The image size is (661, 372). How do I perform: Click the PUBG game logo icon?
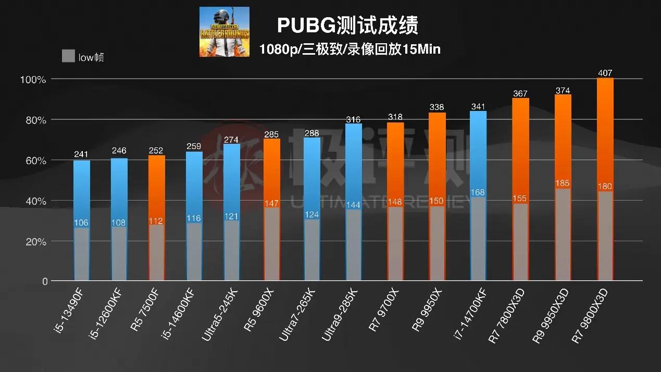[224, 32]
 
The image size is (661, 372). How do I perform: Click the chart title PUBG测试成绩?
[347, 25]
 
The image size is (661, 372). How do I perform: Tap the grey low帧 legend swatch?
[68, 56]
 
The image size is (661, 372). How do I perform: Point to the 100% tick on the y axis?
[33, 80]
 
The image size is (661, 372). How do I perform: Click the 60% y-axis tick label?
[33, 161]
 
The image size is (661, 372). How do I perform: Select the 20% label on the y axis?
[33, 242]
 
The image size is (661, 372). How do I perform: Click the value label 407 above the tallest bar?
[605, 73]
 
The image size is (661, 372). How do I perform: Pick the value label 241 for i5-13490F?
[82, 154]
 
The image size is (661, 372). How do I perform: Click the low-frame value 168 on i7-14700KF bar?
[478, 193]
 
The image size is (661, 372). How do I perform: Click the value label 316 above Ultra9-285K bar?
[353, 120]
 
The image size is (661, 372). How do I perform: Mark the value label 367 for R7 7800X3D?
[520, 94]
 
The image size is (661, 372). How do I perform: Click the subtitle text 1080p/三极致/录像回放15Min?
[350, 49]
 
